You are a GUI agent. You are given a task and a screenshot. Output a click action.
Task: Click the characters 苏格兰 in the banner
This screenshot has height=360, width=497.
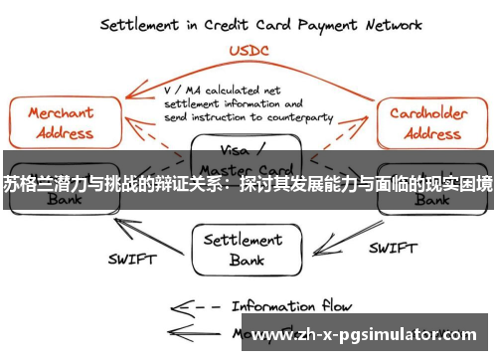pos(26,183)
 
